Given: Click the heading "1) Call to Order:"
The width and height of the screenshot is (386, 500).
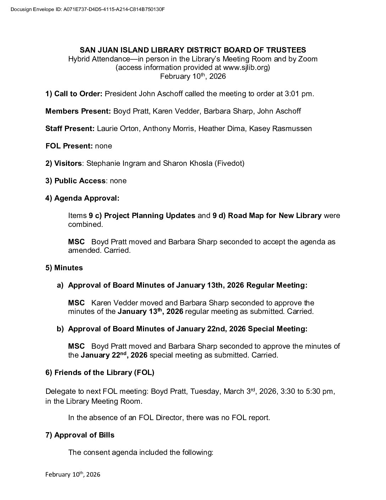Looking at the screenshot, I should point(74,94).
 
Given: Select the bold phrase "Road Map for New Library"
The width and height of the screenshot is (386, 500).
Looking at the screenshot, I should point(275,216).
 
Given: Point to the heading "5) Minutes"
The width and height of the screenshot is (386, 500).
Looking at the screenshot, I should point(64,268).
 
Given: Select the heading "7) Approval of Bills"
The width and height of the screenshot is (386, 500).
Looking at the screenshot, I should point(80,435).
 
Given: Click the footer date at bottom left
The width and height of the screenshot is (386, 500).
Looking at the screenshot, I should point(73,474).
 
